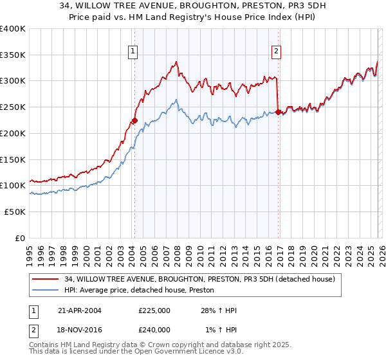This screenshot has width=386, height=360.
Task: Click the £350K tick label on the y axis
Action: pos(13,55)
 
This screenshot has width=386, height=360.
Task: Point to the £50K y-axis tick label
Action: pos(15,212)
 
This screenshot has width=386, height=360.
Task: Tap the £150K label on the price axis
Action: pos(13,159)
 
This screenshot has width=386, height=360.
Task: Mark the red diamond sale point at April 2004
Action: pos(134,120)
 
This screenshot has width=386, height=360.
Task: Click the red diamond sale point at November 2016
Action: pos(278,112)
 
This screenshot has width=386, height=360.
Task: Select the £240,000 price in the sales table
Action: pos(154,329)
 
